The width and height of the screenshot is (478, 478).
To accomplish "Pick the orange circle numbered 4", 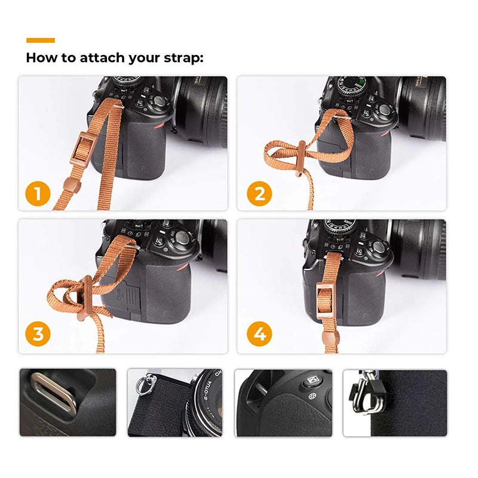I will click(259, 335).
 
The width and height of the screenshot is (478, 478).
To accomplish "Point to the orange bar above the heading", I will click(41, 40).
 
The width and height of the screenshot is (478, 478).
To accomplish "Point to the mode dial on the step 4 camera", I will click(341, 226).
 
